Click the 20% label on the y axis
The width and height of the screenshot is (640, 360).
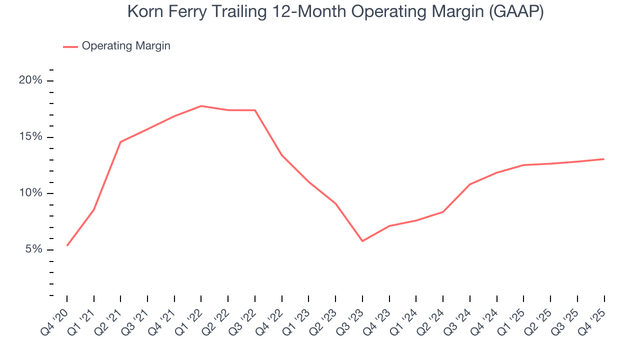click(x=30, y=81)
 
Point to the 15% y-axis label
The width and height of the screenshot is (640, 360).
click(x=30, y=137)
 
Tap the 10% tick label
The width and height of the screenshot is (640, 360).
click(x=30, y=193)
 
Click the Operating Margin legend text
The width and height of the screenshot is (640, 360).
click(x=126, y=46)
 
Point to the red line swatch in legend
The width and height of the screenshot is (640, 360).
click(x=70, y=46)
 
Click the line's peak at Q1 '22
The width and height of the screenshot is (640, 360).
click(x=201, y=106)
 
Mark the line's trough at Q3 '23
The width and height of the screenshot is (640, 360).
click(x=362, y=241)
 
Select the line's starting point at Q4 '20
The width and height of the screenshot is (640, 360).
click(x=67, y=245)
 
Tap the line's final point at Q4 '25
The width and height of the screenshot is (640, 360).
click(x=604, y=159)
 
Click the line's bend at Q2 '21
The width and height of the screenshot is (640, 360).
click(x=120, y=142)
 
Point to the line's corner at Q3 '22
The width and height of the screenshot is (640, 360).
click(x=255, y=110)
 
